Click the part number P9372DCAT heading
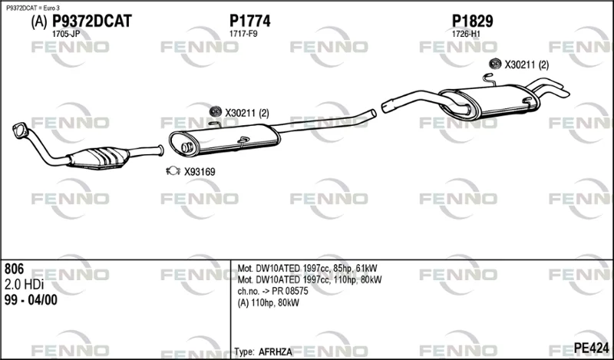coord(92,21)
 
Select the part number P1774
coord(250,21)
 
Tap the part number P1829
coord(473,21)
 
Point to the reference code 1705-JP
coord(66,34)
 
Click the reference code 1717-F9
coord(243,34)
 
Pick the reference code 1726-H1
coord(466,34)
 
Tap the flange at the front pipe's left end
coord(21,130)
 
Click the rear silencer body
coord(490,102)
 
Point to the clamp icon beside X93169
coord(173,171)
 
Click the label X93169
coord(200,172)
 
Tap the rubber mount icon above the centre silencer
coord(216,111)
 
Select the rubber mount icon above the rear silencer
coord(495,64)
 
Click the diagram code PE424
coord(591,348)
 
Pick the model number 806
coord(14,269)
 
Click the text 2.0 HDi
coord(24,284)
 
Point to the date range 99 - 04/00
coord(31,300)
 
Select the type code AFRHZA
coord(276,352)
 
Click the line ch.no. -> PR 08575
coord(273,292)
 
